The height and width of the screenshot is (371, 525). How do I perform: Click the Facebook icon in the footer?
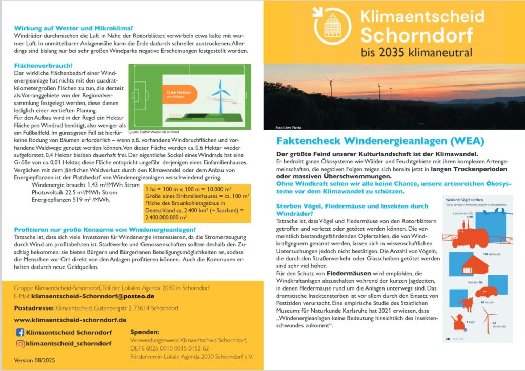coord(20,332)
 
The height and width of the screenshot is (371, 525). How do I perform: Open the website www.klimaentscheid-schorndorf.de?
coord(70,320)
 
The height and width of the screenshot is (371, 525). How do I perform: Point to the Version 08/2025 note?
coord(35,360)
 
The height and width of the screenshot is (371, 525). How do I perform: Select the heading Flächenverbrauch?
coord(43,66)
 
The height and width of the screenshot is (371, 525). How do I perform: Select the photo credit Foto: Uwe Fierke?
coord(289,127)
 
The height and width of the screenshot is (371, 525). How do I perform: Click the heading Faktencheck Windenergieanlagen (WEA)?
coord(380,140)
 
